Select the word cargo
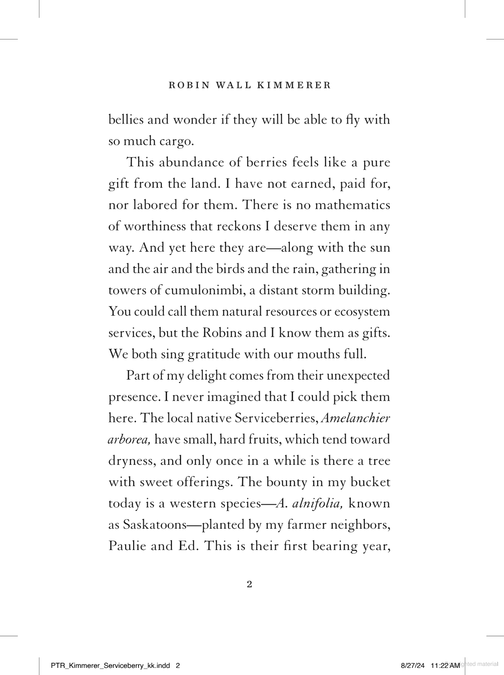176,141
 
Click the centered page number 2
249,584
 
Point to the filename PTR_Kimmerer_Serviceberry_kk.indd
110,666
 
